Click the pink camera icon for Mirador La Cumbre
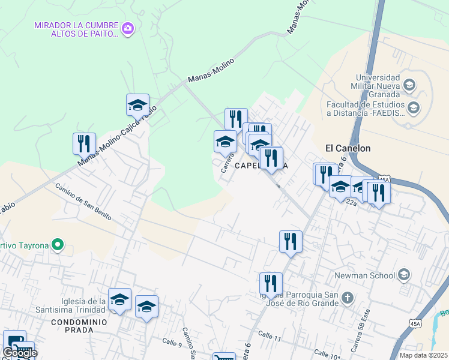click(x=127, y=28)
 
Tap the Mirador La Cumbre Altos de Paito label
click(x=76, y=30)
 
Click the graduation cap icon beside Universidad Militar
click(x=409, y=85)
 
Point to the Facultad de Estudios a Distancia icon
click(x=413, y=107)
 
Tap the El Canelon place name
click(x=348, y=148)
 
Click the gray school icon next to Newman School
click(x=403, y=275)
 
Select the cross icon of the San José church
click(x=347, y=297)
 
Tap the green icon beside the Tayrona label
click(x=58, y=245)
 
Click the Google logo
click(x=19, y=353)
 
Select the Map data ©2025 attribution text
click(x=423, y=355)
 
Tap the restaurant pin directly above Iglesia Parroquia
click(x=271, y=284)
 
